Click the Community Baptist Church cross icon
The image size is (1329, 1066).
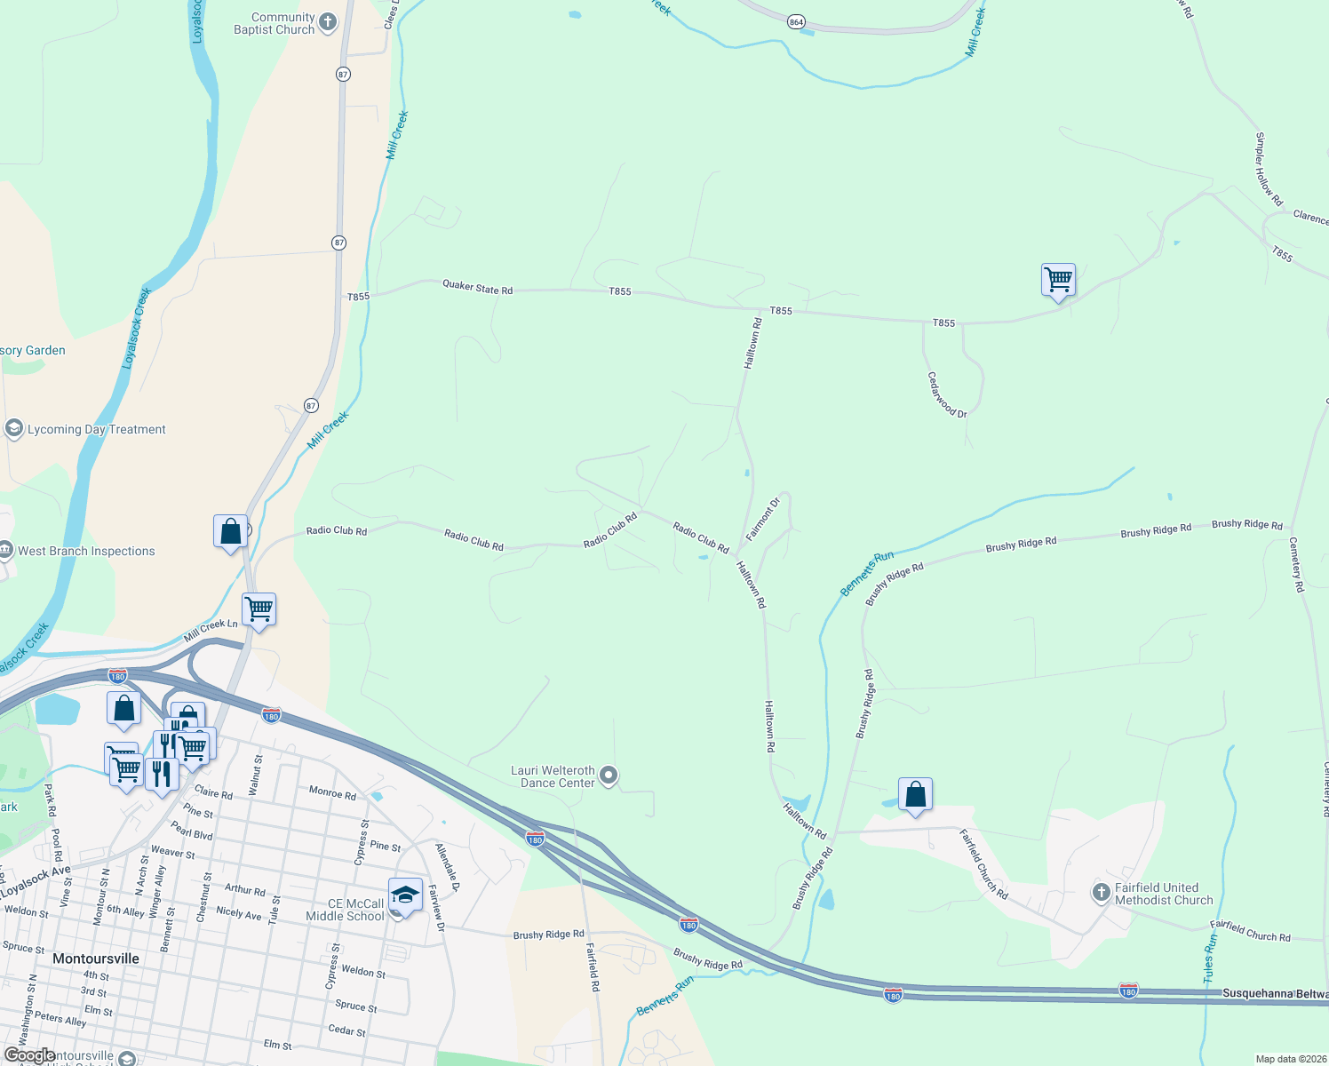point(328,22)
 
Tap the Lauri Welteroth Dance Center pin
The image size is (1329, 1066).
point(609,776)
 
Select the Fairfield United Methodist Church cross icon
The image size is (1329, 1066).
point(1102,893)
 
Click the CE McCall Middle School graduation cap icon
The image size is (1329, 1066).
point(405,895)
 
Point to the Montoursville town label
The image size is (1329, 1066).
point(96,959)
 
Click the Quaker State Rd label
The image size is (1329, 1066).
point(477,288)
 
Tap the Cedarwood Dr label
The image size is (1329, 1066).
point(947,394)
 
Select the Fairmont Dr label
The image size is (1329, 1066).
point(762,519)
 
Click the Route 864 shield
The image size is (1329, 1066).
point(796,21)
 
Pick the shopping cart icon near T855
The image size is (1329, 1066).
point(1058,280)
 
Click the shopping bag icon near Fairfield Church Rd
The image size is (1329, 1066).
point(915,794)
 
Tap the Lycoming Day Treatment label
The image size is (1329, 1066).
point(97,429)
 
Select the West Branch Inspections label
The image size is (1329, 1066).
point(86,551)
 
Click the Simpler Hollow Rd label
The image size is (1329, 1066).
point(1269,169)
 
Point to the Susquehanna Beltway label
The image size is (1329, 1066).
point(1275,993)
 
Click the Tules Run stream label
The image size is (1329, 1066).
point(1210,958)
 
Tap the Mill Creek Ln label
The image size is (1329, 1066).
point(211,630)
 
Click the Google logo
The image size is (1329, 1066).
point(29,1055)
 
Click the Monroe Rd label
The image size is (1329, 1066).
point(332,792)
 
